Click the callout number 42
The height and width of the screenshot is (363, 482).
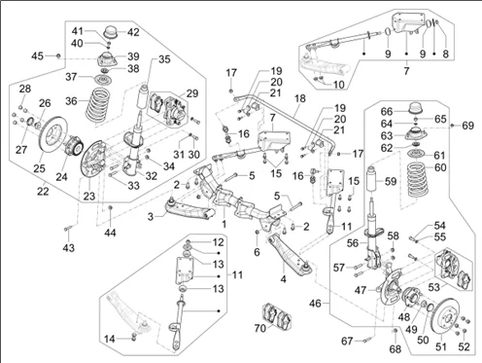point(133,32)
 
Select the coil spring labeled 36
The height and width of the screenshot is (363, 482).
point(99,105)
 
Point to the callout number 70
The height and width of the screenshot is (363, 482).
point(259,328)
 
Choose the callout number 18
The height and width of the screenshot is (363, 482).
point(300,98)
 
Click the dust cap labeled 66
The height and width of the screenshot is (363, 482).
point(416,108)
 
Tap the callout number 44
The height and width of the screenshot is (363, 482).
point(110,233)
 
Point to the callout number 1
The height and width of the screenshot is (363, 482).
point(224,224)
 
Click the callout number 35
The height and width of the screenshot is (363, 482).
point(164,59)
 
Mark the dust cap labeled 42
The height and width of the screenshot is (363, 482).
point(112,31)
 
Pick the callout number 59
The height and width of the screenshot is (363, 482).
point(391,181)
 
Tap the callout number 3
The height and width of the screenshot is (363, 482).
point(151,216)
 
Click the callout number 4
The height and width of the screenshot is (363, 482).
point(284,278)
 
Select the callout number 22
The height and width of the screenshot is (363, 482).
point(43,191)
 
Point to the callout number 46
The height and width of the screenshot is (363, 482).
point(315,304)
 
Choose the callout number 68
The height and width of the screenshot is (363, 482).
point(396,348)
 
